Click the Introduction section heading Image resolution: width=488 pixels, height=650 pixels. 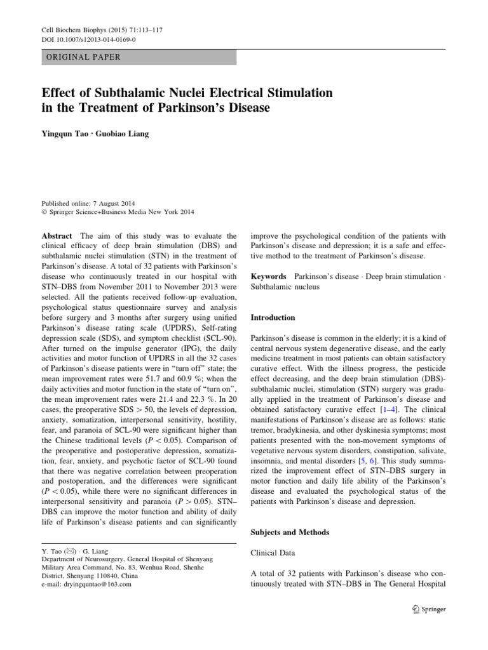click(x=273, y=317)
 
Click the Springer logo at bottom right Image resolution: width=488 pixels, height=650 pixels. click(x=430, y=609)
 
